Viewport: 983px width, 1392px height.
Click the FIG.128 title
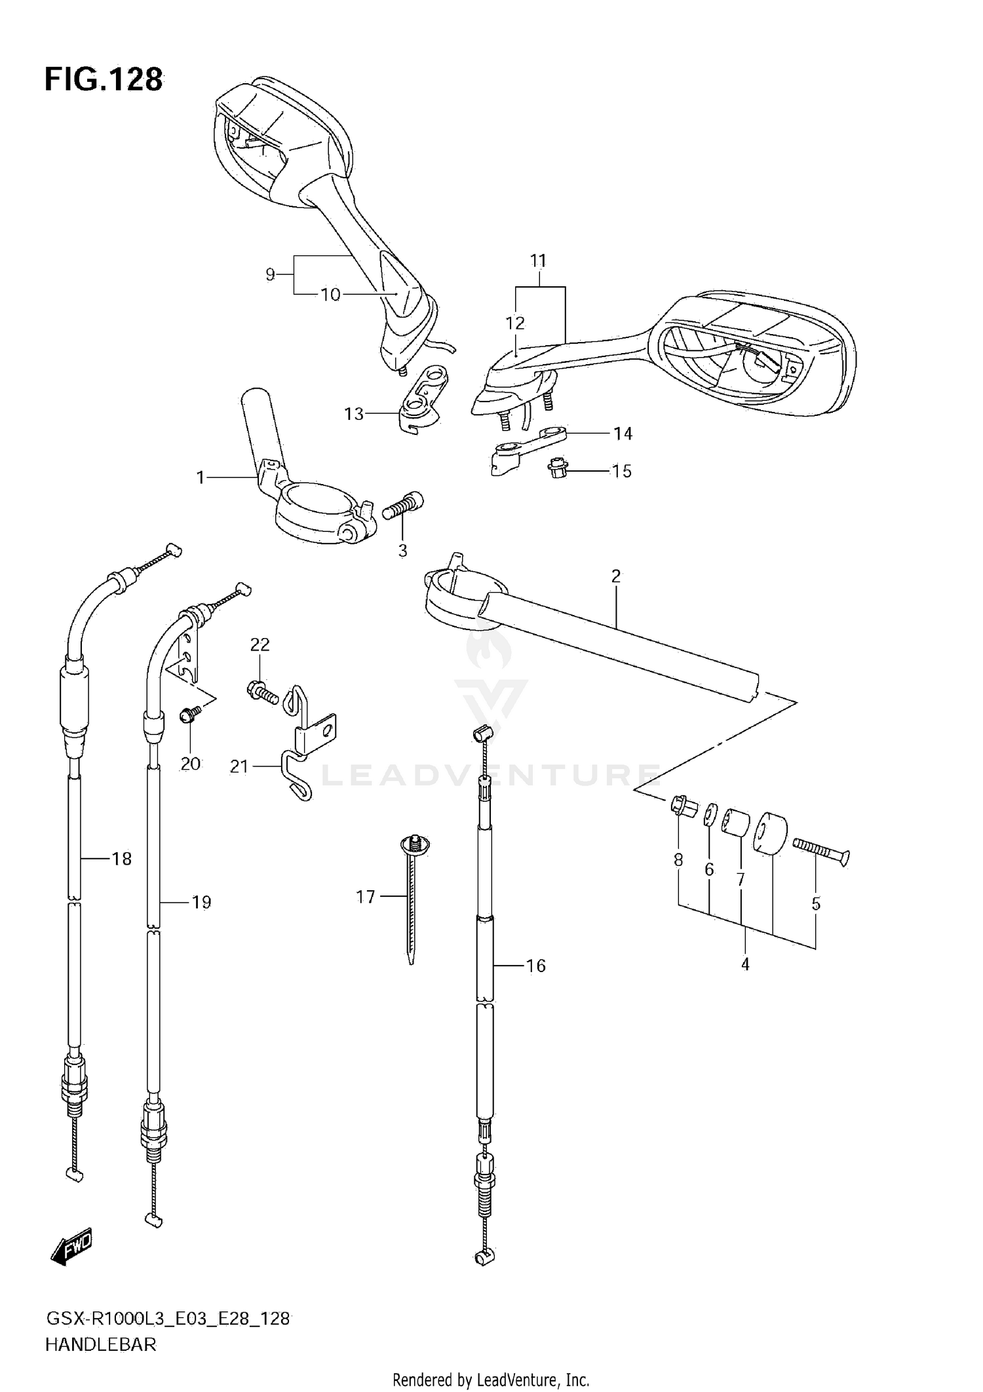click(x=104, y=80)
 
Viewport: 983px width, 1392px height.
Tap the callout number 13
click(x=354, y=414)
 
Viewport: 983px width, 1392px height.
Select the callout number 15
click(x=621, y=471)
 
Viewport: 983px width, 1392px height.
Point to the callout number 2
click(x=615, y=576)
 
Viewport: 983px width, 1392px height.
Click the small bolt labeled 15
click(x=557, y=468)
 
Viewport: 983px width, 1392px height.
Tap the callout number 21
click(x=239, y=766)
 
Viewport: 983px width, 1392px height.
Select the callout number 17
click(x=365, y=897)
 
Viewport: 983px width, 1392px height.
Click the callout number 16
click(x=535, y=966)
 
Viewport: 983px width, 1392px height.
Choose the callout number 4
click(x=745, y=964)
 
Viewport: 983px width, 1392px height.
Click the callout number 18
click(x=122, y=859)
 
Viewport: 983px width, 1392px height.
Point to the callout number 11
click(x=538, y=261)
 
